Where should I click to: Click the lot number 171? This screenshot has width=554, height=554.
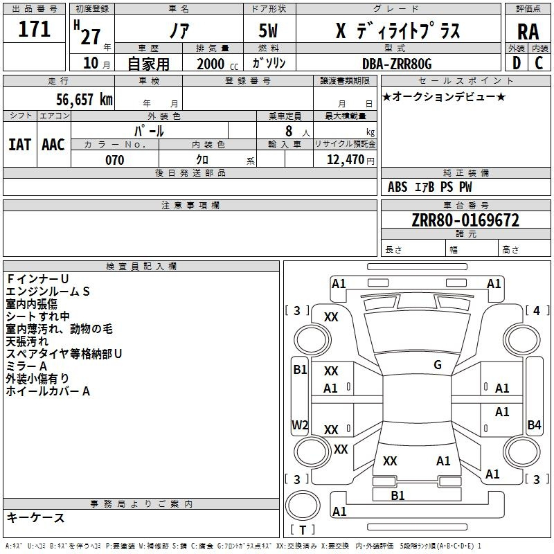click(35, 29)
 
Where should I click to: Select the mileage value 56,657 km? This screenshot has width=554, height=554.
click(76, 100)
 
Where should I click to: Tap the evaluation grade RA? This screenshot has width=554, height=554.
click(528, 32)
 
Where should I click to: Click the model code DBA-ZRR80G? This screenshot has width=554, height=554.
click(397, 64)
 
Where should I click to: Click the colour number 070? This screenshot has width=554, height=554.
click(114, 160)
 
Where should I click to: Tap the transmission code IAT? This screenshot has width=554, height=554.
click(20, 144)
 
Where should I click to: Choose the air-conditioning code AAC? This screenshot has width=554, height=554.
click(53, 144)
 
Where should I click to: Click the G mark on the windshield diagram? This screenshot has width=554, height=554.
click(438, 365)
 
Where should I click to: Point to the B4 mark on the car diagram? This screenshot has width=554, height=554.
click(534, 425)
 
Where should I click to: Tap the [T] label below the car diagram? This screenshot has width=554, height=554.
click(302, 530)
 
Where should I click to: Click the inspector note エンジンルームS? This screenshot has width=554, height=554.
click(48, 292)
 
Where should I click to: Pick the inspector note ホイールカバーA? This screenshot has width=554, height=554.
click(48, 391)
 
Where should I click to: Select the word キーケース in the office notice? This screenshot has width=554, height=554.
click(36, 518)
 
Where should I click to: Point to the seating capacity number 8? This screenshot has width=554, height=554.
click(287, 130)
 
